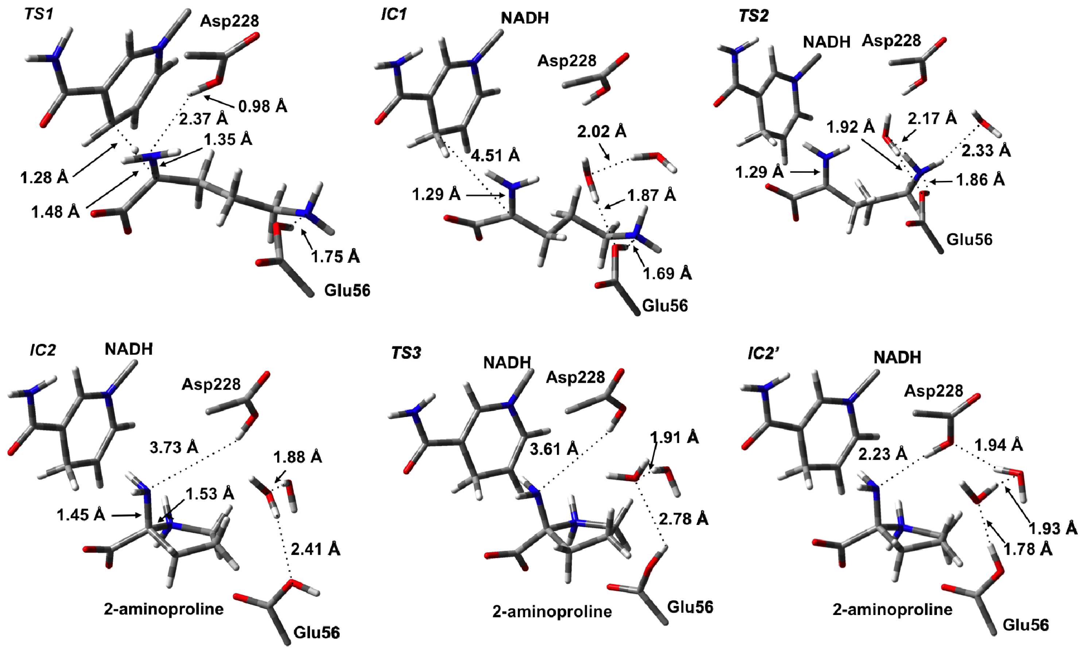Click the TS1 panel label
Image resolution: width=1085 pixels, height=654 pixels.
39,14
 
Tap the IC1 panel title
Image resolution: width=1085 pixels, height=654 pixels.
393,15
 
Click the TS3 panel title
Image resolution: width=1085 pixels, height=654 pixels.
406,353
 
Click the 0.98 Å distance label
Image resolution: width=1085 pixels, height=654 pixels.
263,106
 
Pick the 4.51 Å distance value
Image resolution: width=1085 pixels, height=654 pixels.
495,155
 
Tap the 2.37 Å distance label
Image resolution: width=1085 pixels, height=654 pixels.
203,118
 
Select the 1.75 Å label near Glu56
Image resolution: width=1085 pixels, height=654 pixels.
336,256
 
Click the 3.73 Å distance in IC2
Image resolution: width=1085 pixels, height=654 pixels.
174,448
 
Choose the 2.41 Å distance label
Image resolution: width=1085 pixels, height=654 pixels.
315,549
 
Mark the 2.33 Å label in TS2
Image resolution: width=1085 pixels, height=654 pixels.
985,151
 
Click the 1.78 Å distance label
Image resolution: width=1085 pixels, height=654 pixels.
1028,549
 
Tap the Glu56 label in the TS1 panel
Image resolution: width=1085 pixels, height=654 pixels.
347,291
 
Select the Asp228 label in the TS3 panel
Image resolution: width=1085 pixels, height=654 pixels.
576,377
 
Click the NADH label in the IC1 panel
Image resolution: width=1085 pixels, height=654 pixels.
525,18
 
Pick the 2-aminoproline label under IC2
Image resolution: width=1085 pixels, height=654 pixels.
164,609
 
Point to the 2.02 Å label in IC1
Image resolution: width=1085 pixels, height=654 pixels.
601,131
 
